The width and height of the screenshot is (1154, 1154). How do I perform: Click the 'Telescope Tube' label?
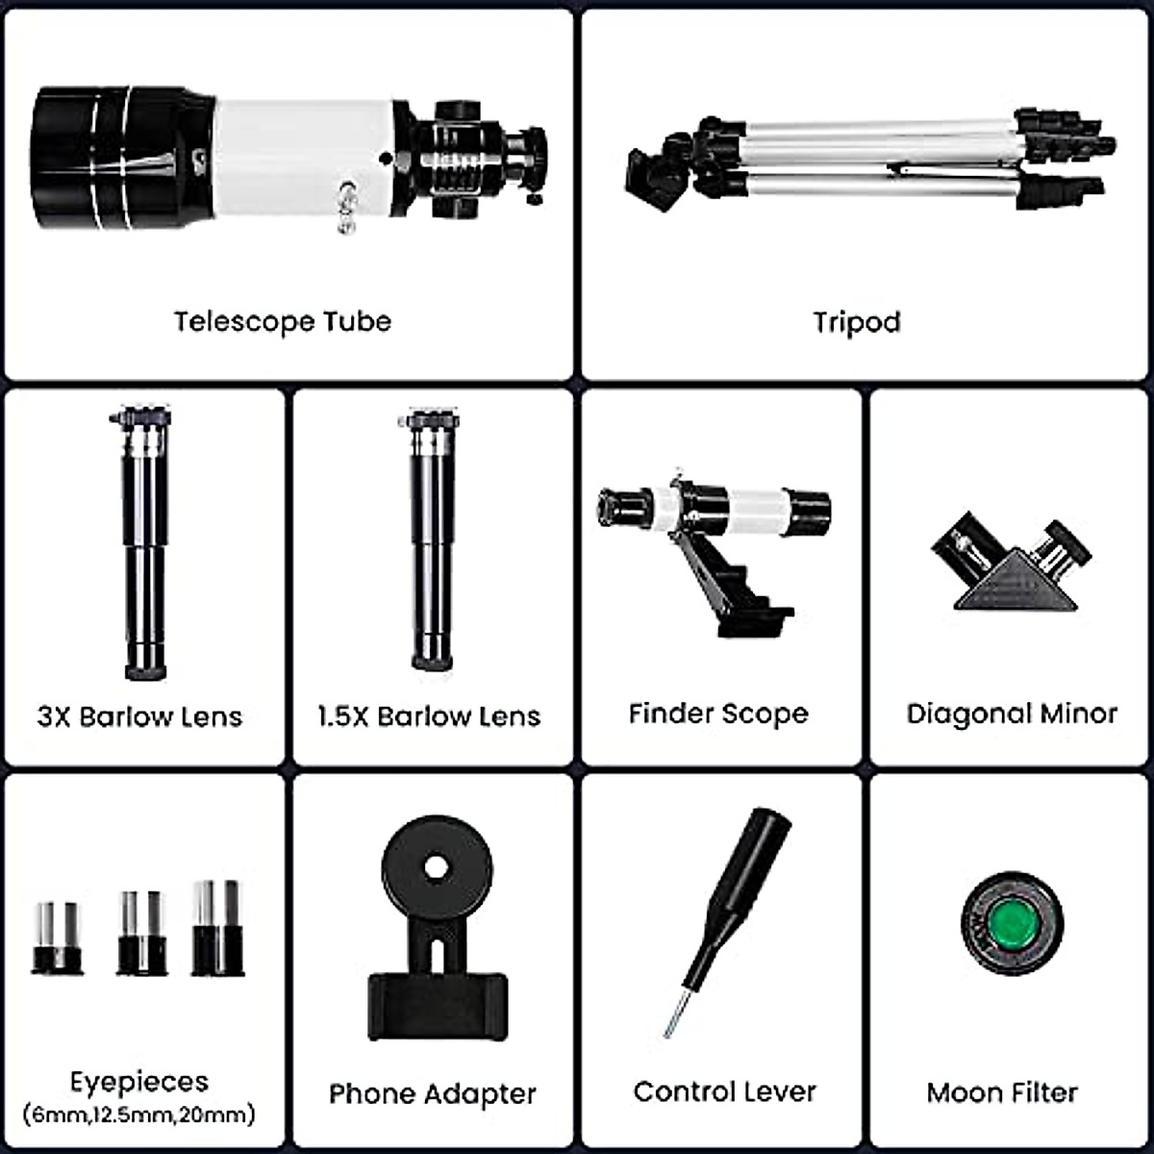click(x=283, y=321)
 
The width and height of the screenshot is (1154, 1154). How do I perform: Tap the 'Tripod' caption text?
click(x=857, y=321)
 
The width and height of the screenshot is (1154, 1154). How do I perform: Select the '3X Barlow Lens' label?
click(x=140, y=716)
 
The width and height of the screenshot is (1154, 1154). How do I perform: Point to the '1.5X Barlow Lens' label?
click(x=429, y=716)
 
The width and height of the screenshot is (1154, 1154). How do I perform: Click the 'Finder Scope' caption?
click(x=718, y=714)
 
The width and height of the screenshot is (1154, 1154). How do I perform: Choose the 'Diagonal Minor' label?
click(x=1012, y=714)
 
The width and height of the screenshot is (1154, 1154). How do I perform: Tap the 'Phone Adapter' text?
click(x=432, y=1093)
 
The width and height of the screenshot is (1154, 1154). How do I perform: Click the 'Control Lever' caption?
click(x=724, y=1091)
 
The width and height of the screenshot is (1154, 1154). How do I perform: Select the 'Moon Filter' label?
click(x=1002, y=1092)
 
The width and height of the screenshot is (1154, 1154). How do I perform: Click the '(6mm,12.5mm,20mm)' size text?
click(x=139, y=1115)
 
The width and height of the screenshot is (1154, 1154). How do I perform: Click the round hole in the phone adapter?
click(x=437, y=867)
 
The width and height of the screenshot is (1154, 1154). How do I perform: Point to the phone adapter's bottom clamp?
click(x=438, y=1005)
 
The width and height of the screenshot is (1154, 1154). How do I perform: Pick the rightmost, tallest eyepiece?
click(x=217, y=928)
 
